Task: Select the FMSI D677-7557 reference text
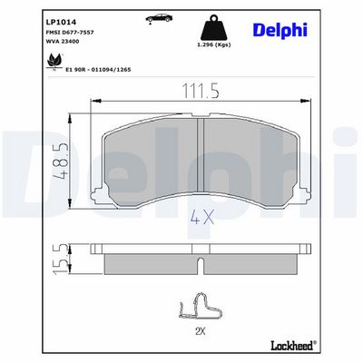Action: (70, 33)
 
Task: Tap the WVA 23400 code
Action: (63, 42)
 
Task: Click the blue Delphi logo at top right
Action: (280, 30)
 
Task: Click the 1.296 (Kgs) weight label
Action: (214, 44)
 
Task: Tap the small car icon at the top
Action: (159, 18)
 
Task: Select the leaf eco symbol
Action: (54, 62)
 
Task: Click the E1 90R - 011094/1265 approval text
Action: (98, 70)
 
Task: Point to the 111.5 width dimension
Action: (200, 91)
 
